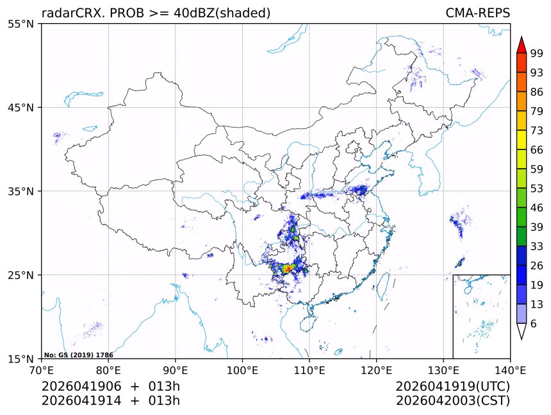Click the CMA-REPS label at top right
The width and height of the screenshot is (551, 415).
pos(477,13)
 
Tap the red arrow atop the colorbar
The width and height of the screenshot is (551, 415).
pos(521,45)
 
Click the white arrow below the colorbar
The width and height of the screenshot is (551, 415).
pos(521,332)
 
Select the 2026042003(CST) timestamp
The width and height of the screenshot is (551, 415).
pos(452,401)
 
